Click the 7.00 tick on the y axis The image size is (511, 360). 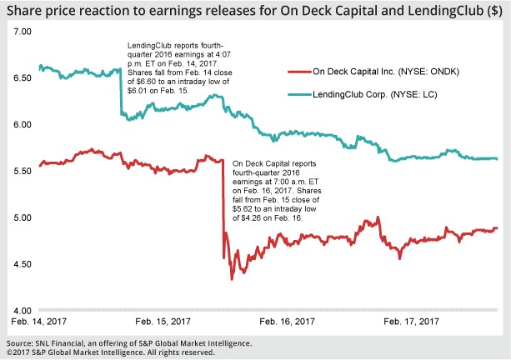coord(20,31)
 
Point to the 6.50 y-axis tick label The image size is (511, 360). coord(20,77)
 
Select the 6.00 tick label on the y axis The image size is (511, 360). coord(20,124)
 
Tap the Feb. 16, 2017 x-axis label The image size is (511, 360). coord(288,321)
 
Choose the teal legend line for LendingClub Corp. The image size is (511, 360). coord(295,96)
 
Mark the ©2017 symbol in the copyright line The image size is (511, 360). coord(15,352)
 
